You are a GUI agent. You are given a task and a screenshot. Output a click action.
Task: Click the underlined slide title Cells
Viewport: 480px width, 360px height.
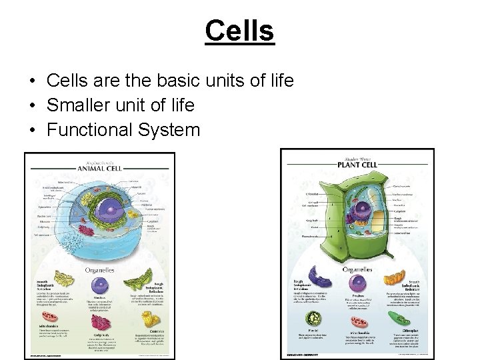tap(239, 30)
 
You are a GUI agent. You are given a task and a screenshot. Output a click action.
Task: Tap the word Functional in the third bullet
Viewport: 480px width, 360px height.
tap(91, 129)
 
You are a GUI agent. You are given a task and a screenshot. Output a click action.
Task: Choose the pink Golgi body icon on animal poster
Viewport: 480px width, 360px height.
tap(101, 323)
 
